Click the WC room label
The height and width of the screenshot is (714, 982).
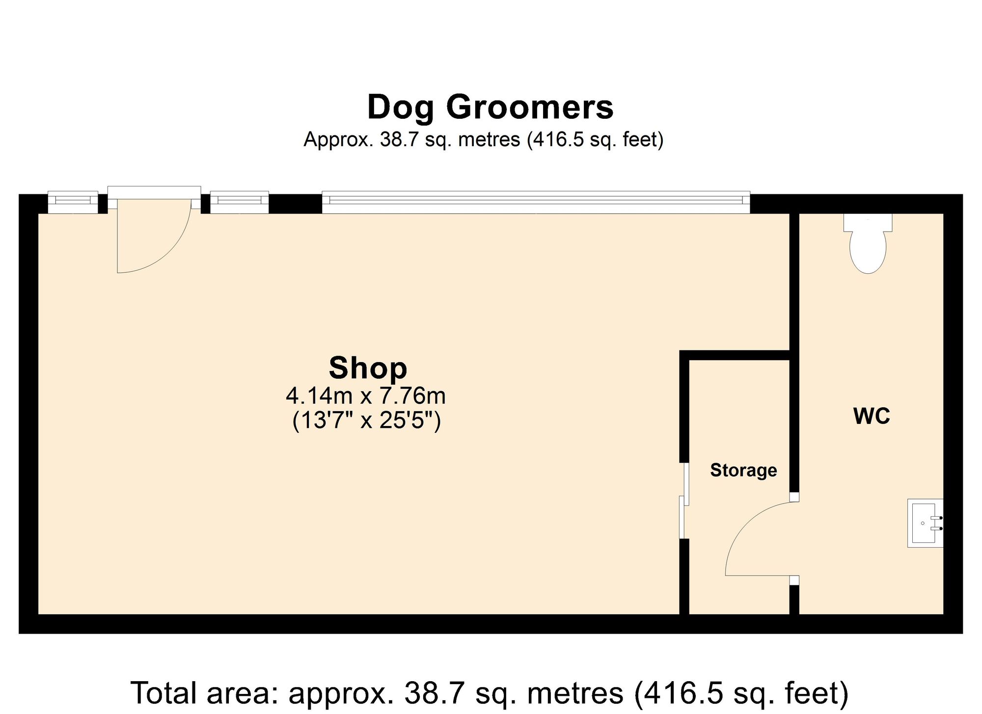[872, 417]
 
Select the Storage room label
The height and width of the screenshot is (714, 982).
[743, 470]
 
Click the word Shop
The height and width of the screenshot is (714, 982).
[368, 368]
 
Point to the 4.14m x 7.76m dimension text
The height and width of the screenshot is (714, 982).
[366, 395]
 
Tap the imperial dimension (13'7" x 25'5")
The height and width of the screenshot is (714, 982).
[366, 421]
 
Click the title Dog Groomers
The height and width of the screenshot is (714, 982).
[490, 107]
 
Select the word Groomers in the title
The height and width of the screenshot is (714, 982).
[530, 107]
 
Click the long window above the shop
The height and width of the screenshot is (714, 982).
[536, 202]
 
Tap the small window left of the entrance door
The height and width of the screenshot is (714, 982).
[73, 201]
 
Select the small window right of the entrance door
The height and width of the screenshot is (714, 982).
[239, 201]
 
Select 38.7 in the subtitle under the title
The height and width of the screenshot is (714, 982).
[400, 140]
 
